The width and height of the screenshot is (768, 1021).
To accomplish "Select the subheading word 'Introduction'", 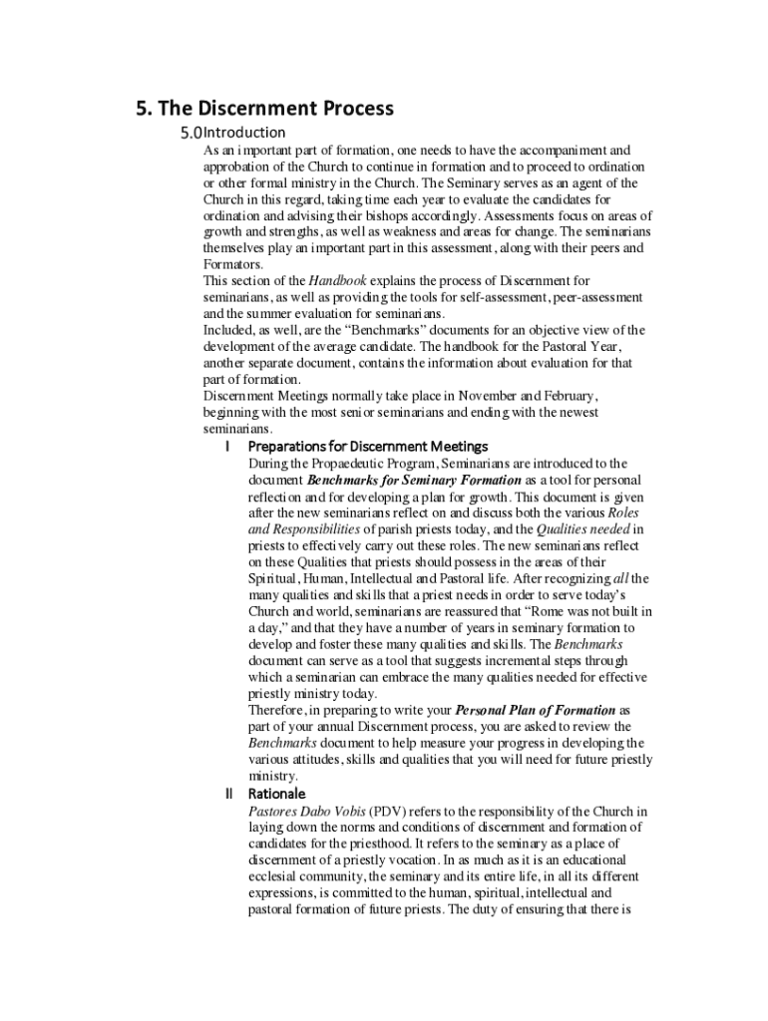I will click(x=244, y=133).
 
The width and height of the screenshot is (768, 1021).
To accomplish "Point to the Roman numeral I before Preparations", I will click(x=228, y=446).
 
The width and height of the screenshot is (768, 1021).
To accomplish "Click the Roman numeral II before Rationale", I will click(x=228, y=794).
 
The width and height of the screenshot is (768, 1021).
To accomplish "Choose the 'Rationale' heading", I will click(x=277, y=794).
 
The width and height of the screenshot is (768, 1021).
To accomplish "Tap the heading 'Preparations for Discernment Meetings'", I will click(x=367, y=446).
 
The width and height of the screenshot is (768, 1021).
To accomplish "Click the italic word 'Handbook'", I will click(x=337, y=281).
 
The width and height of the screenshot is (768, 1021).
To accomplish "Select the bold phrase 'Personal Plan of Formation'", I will click(x=535, y=710).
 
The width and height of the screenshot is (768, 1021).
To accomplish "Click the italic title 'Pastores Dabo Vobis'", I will click(x=306, y=811).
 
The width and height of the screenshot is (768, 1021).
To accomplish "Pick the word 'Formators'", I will click(x=233, y=264).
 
